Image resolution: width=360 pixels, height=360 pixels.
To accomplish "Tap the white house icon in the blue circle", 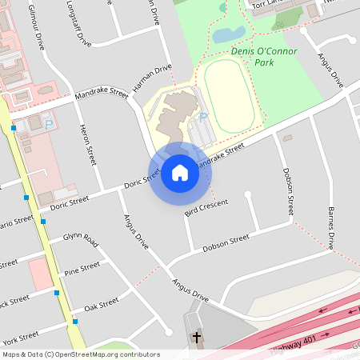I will [180, 172].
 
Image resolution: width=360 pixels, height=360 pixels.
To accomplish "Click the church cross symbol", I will [196, 338].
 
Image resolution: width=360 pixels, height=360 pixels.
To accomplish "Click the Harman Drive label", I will [153, 77].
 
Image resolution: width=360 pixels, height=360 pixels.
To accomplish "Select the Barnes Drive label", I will [330, 227].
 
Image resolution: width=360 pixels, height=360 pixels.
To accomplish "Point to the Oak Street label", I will [102, 304].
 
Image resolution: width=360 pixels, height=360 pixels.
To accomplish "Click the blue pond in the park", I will [229, 34].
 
